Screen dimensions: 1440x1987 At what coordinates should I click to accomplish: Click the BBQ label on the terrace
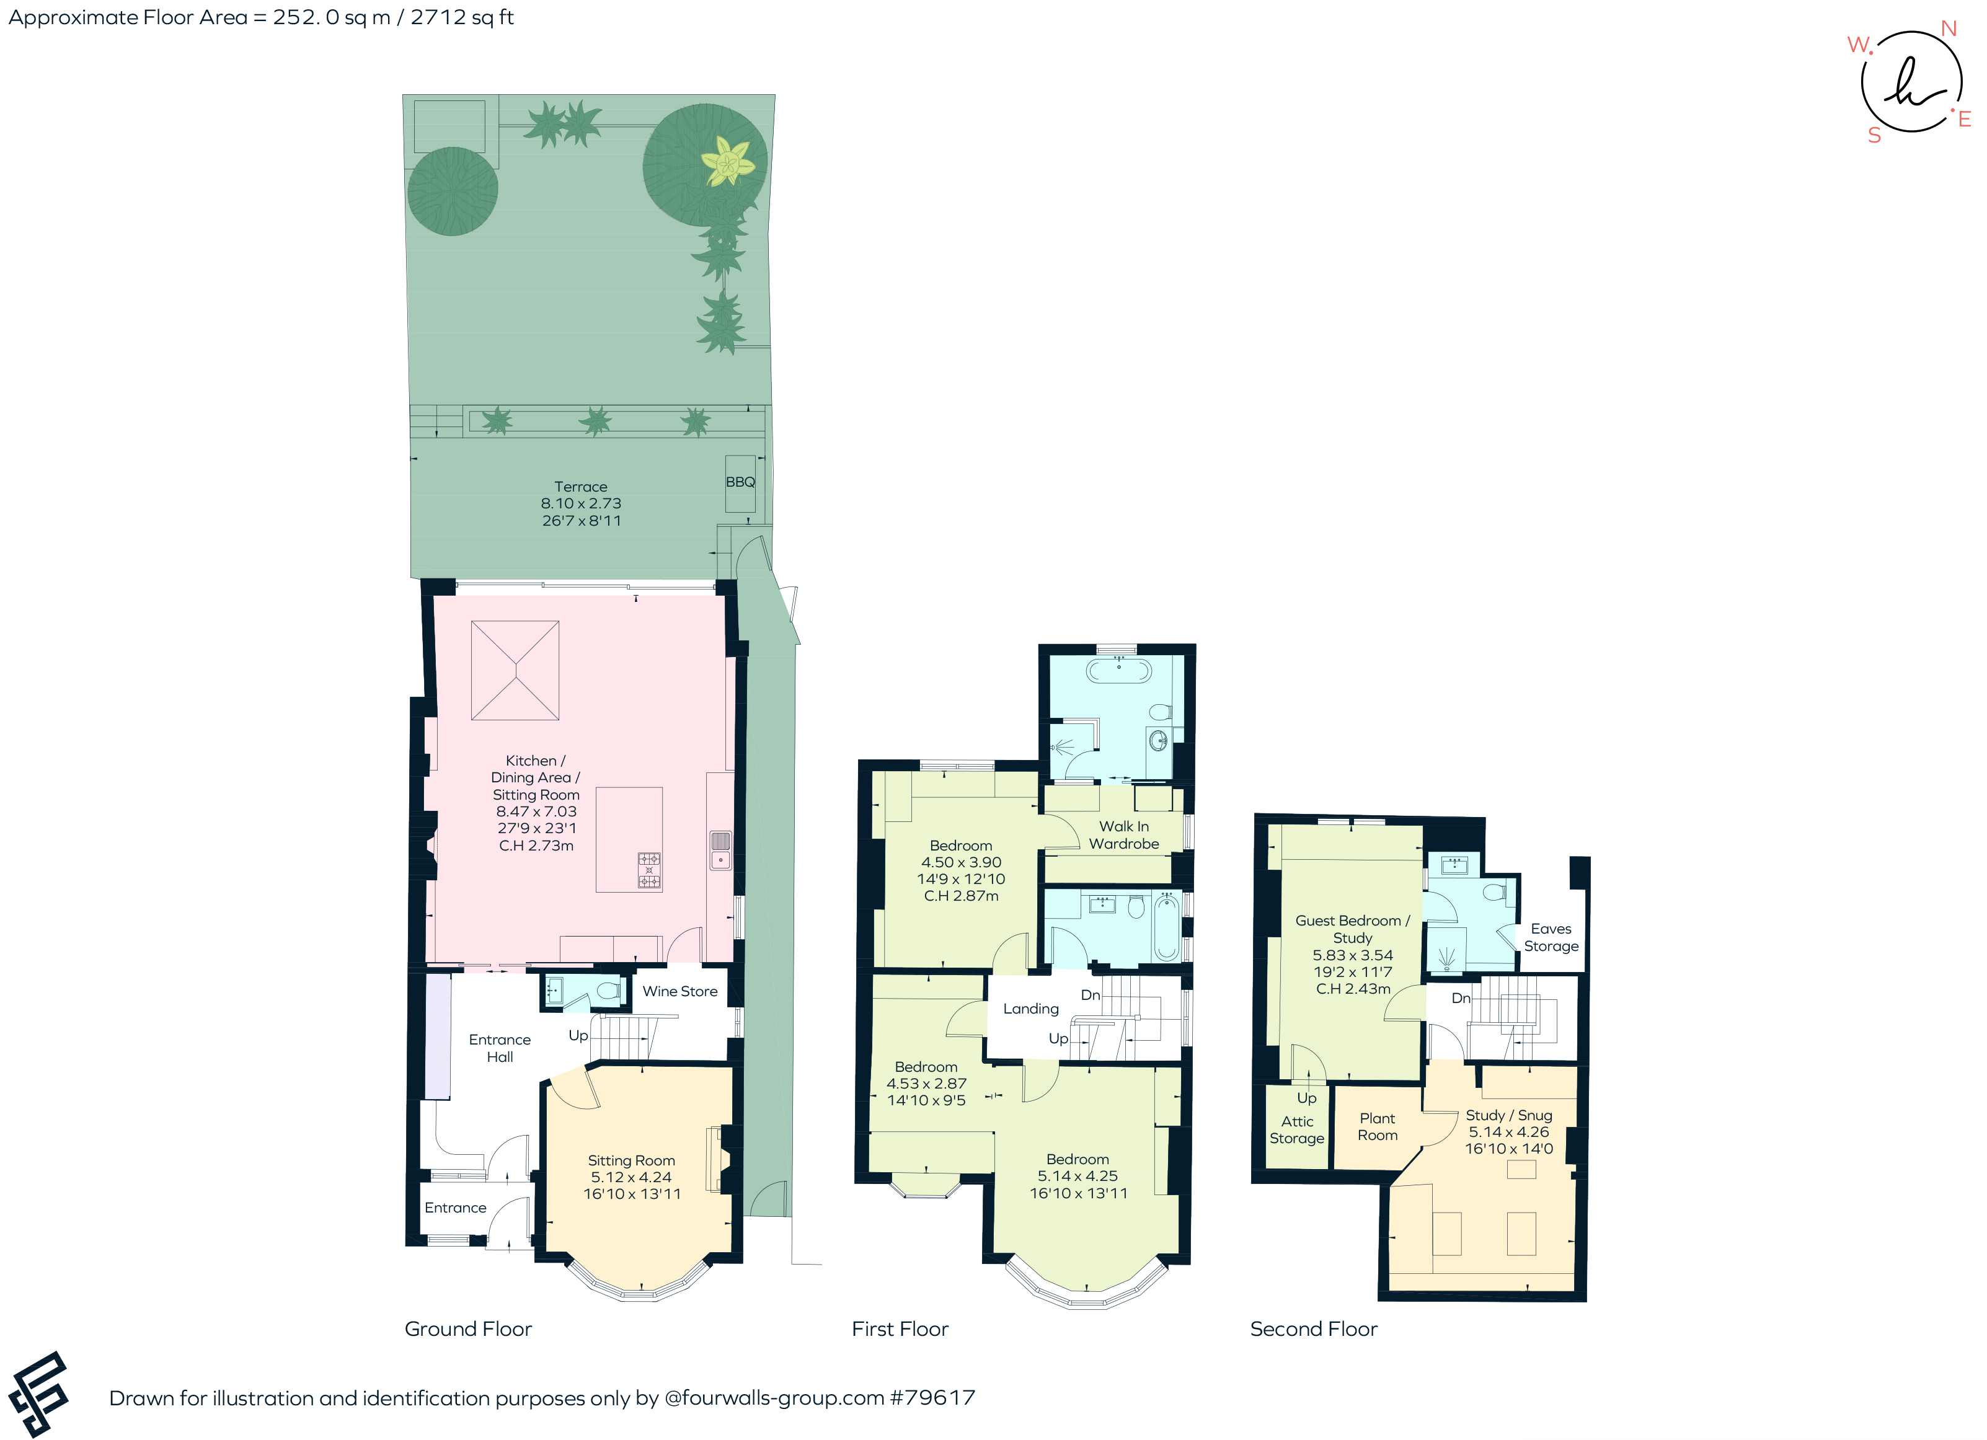740,482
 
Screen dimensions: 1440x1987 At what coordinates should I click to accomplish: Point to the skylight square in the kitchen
515,670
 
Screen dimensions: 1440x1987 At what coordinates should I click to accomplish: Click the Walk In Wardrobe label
1123,835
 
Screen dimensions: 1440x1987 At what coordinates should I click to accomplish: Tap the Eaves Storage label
1550,937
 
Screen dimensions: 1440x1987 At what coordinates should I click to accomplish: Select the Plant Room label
1376,1126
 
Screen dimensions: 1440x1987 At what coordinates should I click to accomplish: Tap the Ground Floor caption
468,1329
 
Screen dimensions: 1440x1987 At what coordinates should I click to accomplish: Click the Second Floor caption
1312,1329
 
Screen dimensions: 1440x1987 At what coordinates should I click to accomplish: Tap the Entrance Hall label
499,1048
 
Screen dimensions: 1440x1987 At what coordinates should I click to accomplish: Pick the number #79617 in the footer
932,1397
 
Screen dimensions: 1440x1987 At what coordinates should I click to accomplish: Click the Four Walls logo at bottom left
38,1393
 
